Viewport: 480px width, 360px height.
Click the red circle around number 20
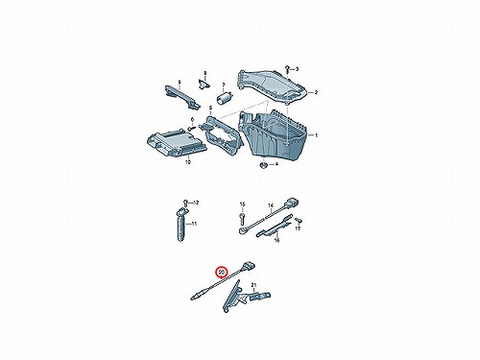[222, 272]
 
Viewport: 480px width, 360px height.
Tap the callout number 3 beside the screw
[297, 69]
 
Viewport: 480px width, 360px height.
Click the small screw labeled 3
[287, 68]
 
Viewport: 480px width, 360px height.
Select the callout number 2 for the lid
[316, 92]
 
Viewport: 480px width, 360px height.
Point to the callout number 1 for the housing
[316, 135]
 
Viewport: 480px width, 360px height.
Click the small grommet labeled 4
[263, 165]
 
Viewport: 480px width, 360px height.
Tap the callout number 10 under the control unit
[188, 162]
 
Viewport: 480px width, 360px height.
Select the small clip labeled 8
[204, 84]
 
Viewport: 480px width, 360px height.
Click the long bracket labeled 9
[182, 96]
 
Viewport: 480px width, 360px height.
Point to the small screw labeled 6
[191, 128]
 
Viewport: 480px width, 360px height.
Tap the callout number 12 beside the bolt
[196, 203]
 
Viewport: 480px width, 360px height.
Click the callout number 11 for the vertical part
[194, 224]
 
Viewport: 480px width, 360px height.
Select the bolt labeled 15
[242, 218]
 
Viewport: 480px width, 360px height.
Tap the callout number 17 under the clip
[298, 228]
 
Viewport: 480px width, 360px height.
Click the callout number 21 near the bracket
[253, 284]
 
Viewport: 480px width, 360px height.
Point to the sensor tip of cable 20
[195, 298]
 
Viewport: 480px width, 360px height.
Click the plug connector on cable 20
[250, 266]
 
